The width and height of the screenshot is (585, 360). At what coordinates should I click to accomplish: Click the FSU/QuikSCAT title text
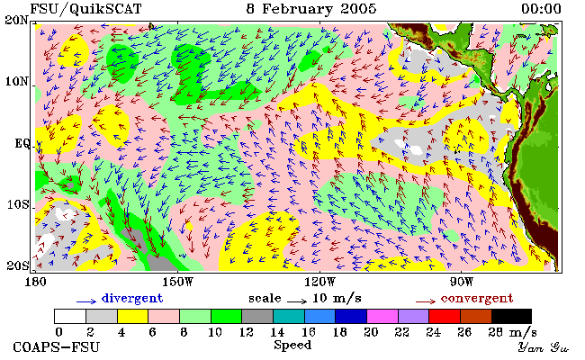click(x=85, y=9)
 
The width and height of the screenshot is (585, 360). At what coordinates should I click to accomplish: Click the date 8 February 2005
click(x=311, y=9)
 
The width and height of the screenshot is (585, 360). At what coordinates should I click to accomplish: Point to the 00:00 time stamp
click(x=541, y=9)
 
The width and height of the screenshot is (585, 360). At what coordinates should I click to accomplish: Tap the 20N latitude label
click(x=16, y=20)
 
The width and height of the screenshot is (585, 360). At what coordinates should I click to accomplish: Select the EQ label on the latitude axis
click(x=22, y=143)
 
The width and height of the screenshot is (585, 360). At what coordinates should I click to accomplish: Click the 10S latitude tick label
click(x=18, y=205)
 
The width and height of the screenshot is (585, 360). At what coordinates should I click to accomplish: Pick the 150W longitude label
click(x=177, y=282)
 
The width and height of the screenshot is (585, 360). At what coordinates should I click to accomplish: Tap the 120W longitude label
click(x=319, y=282)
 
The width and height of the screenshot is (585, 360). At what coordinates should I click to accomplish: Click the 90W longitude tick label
click(x=462, y=282)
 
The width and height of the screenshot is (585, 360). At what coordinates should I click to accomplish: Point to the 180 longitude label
click(x=35, y=282)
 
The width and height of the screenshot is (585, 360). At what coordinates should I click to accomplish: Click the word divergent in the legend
click(x=132, y=298)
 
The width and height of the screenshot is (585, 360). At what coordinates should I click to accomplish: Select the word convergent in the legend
click(x=477, y=298)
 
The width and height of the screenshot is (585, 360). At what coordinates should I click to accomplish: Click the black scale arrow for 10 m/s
click(x=297, y=301)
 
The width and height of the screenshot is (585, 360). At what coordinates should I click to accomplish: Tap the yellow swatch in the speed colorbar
click(x=133, y=316)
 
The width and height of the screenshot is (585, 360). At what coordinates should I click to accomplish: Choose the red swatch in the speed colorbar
click(x=445, y=316)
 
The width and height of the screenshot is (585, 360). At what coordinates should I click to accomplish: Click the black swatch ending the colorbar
click(x=511, y=316)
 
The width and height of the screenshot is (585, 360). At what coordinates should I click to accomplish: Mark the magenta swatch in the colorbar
click(x=382, y=316)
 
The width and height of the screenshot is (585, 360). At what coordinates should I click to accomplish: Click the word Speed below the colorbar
click(x=292, y=345)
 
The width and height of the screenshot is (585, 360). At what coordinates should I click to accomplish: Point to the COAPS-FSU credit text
click(x=57, y=346)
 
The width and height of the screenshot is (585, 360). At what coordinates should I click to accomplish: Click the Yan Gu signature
click(x=543, y=347)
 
